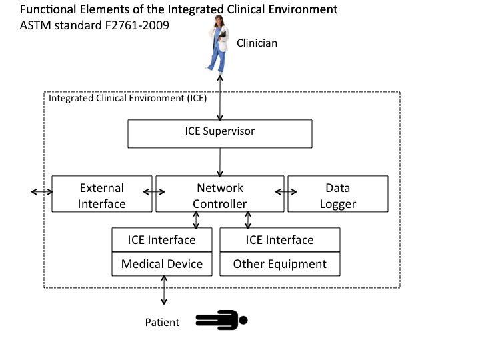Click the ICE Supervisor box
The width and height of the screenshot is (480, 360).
pyautogui.click(x=219, y=133)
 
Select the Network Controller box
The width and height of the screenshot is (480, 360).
pyautogui.click(x=219, y=194)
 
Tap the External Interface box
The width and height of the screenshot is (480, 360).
pyautogui.click(x=102, y=194)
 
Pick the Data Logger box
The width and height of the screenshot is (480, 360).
pyautogui.click(x=337, y=194)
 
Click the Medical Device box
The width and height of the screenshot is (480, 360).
pyautogui.click(x=162, y=264)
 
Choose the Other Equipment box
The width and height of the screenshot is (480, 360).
pyautogui.click(x=280, y=264)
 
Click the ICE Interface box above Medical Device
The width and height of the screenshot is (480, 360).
pyautogui.click(x=162, y=240)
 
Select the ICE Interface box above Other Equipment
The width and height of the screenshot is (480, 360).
pyautogui.click(x=280, y=240)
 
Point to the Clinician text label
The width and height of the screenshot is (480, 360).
pyautogui.click(x=257, y=43)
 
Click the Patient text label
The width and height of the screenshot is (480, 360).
pyautogui.click(x=162, y=323)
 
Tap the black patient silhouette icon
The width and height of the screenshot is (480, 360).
pyautogui.click(x=221, y=321)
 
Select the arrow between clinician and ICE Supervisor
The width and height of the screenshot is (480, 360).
pyautogui.click(x=219, y=97)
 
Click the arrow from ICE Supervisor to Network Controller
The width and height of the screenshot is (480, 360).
pyautogui.click(x=219, y=161)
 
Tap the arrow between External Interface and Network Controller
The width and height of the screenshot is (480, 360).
pyautogui.click(x=154, y=192)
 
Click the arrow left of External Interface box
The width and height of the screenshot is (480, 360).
pyautogui.click(x=41, y=192)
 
